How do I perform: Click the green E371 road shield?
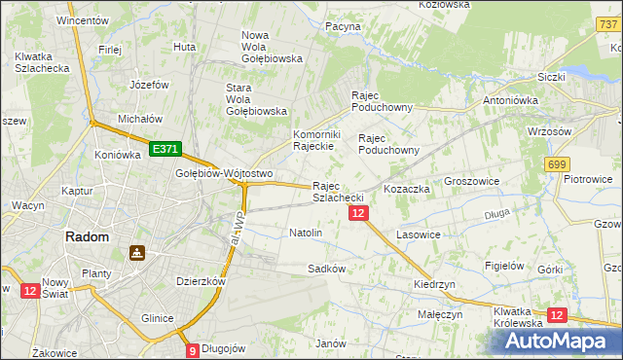point(165,149)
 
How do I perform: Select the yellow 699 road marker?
point(557,166)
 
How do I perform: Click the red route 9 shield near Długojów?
point(193,350)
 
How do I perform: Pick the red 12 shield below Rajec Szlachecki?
point(358,213)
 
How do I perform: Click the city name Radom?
point(87,236)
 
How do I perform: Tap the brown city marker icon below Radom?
point(137,254)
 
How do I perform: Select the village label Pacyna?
point(344,26)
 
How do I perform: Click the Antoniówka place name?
point(512,99)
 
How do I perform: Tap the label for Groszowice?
point(471,181)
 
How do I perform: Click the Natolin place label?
point(306,234)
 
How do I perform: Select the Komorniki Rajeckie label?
point(313,140)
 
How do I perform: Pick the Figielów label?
point(505,266)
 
